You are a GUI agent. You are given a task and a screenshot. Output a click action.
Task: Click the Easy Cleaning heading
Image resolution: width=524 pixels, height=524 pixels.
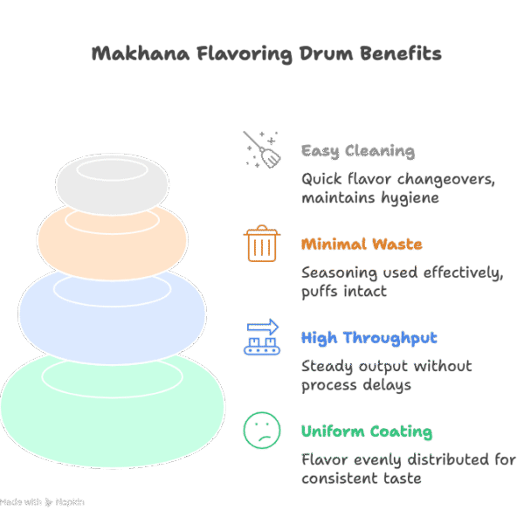tap(358, 151)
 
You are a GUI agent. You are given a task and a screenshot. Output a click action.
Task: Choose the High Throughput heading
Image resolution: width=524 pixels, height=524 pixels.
tap(369, 338)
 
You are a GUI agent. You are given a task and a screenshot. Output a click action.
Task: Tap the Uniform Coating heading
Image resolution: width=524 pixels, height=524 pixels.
tap(366, 431)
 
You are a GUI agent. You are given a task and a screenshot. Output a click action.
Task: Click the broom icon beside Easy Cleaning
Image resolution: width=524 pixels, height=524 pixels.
tap(261, 149)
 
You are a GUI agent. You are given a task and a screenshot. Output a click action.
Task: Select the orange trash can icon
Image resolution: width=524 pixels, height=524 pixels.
tap(261, 244)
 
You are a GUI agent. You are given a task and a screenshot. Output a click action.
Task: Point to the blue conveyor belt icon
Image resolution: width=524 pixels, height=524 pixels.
tap(261, 337)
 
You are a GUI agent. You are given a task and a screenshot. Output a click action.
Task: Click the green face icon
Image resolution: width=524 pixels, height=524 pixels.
tap(261, 431)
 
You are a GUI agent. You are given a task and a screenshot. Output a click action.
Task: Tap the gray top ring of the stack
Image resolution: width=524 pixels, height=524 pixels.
tap(111, 179)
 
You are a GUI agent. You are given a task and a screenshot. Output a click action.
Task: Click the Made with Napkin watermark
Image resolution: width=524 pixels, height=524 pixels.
tap(42, 503)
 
